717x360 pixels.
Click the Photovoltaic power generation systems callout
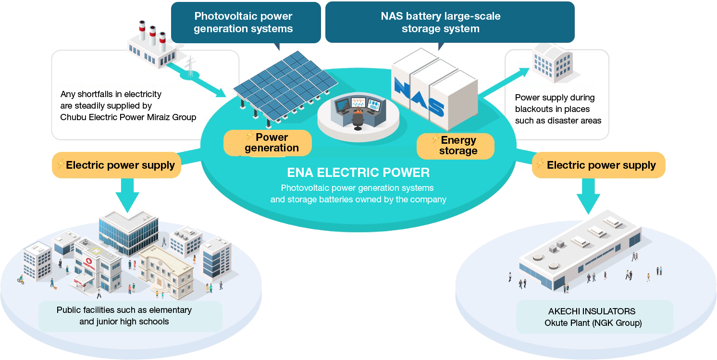click(x=243, y=23)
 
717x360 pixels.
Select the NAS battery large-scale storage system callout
click(x=440, y=23)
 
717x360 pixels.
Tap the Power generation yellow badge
click(x=268, y=143)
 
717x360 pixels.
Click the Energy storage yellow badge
click(x=455, y=146)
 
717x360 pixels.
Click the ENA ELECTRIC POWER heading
click(x=358, y=172)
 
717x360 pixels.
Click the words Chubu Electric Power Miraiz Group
click(x=128, y=117)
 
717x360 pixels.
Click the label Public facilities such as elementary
click(x=124, y=310)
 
